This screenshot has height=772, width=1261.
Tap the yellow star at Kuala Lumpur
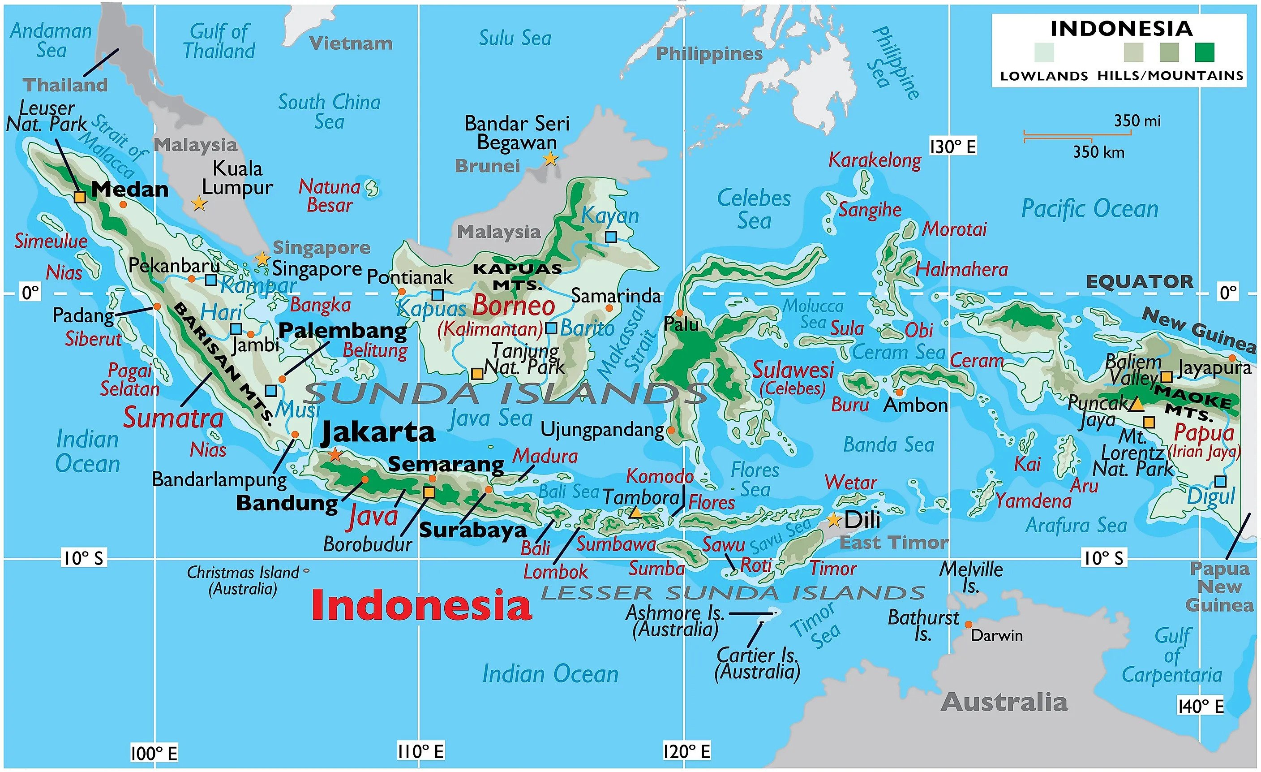(199, 204)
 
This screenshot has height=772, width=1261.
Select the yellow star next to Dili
(834, 520)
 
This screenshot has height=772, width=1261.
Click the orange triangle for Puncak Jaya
(1136, 405)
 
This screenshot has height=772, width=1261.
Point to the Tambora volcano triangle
(635, 513)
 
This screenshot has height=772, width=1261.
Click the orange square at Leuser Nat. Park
(80, 197)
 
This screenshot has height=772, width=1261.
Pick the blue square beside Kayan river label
(610, 237)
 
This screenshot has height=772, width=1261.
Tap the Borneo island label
(513, 306)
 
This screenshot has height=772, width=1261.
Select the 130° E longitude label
(952, 147)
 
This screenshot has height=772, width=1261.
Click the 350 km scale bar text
(1098, 152)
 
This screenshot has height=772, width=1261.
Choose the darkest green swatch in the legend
(1205, 52)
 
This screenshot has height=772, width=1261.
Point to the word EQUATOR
(1139, 281)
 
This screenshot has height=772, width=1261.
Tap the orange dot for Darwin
(968, 625)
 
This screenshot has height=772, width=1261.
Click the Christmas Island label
(243, 580)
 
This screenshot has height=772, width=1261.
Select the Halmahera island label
(961, 269)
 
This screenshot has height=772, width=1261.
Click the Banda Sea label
(888, 444)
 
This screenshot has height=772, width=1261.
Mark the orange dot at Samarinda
(609, 308)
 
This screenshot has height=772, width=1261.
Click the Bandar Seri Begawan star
(550, 159)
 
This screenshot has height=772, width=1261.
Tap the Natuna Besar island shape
(372, 188)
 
